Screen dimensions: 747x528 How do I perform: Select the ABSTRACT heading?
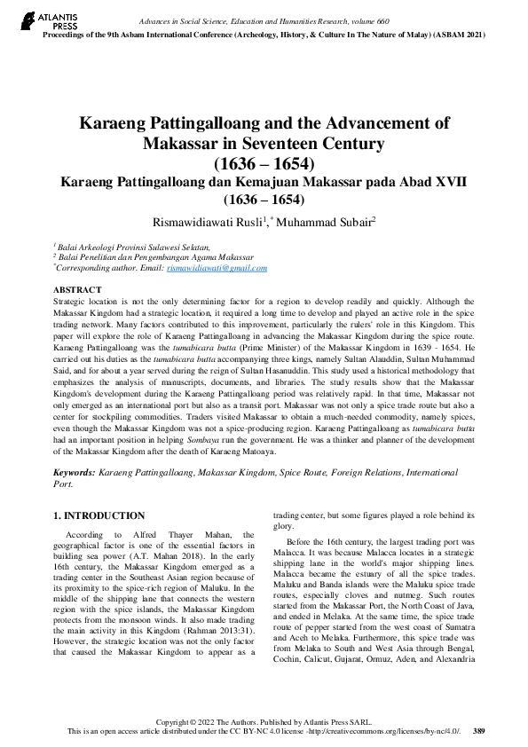point(77,290)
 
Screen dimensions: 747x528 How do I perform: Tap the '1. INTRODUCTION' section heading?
point(99,515)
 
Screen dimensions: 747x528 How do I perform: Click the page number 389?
point(479,730)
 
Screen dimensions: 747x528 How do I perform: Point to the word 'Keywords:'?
point(75,475)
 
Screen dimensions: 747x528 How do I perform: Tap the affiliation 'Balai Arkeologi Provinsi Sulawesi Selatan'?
point(134,247)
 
